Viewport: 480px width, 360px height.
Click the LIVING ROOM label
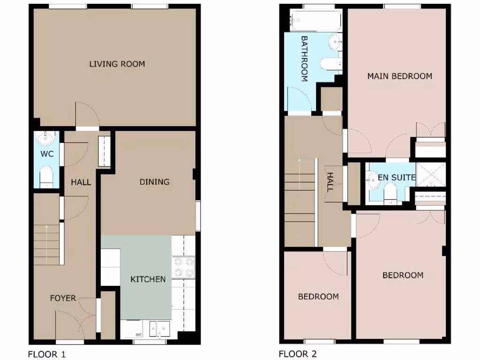point(117,64)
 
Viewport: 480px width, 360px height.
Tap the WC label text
point(47,154)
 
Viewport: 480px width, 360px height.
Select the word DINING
point(154,182)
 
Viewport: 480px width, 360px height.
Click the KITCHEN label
point(148,279)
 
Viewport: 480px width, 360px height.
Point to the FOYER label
point(63,298)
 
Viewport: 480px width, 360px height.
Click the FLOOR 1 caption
point(47,354)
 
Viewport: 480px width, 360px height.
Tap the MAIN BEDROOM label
point(399,76)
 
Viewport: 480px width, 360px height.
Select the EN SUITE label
point(397,178)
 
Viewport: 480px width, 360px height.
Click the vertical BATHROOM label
point(304,59)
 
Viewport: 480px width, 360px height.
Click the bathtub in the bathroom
point(309,20)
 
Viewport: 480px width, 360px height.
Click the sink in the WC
point(46,138)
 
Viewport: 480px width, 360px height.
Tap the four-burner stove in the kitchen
point(184,267)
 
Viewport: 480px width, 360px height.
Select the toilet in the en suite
point(390,193)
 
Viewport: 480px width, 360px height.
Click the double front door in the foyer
point(75,323)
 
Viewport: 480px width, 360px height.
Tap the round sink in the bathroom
point(336,43)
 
